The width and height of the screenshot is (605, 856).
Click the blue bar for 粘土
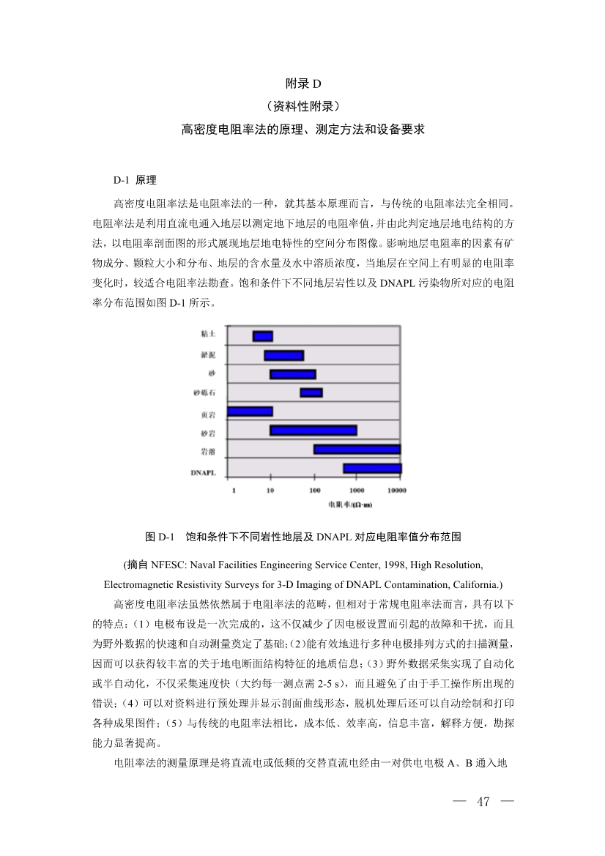[x=262, y=336]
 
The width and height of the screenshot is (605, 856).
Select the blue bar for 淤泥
[x=283, y=355]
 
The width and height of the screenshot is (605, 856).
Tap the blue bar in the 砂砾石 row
[x=311, y=393]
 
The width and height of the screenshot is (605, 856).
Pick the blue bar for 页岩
[x=250, y=412]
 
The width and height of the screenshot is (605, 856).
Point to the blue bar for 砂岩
[x=313, y=431]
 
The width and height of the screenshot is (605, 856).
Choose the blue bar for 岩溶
[x=357, y=449]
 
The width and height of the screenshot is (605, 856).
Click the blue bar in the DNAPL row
[x=372, y=468]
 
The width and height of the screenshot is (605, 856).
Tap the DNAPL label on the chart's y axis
[x=203, y=473]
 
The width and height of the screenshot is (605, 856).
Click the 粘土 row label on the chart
[x=208, y=334]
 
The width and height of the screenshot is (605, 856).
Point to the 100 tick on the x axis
[x=315, y=490]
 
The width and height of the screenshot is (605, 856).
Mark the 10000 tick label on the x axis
[x=397, y=490]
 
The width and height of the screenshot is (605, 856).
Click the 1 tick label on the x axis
[x=234, y=490]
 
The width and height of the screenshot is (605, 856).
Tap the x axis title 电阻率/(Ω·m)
[x=349, y=505]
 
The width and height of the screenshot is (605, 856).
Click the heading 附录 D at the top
[x=302, y=84]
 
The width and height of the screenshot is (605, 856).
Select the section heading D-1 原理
[x=135, y=179]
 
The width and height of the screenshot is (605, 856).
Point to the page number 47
[x=483, y=801]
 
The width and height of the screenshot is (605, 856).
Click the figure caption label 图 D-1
[x=161, y=537]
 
